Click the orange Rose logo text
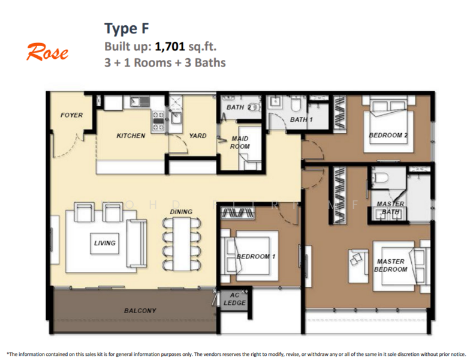tap(47, 53)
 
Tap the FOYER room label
tap(72, 115)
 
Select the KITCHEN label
tap(131, 136)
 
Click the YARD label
tap(197, 136)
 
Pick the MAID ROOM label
tap(240, 142)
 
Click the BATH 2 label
tap(238, 108)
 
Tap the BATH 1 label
tap(302, 119)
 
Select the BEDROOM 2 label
tap(388, 136)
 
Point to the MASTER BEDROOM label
tap(391, 265)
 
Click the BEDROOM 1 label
tap(255, 257)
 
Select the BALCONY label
tap(140, 310)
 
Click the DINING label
tap(181, 212)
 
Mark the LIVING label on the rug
tap(104, 243)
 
